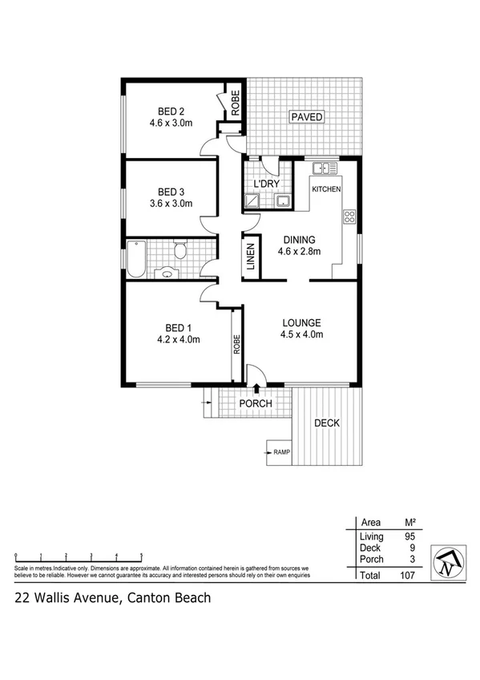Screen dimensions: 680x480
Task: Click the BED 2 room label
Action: coord(166,111)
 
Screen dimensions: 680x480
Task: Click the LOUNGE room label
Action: coord(301,323)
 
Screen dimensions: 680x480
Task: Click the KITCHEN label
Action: coord(326,189)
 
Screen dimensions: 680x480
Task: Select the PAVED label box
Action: coord(306,117)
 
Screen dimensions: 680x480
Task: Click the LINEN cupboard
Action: coord(250,257)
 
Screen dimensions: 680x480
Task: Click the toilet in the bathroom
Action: coord(180,253)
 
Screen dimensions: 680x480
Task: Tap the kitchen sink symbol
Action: coord(324,168)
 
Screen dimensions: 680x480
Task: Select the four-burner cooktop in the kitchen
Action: coord(349,216)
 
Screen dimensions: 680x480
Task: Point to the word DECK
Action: coord(327,423)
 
